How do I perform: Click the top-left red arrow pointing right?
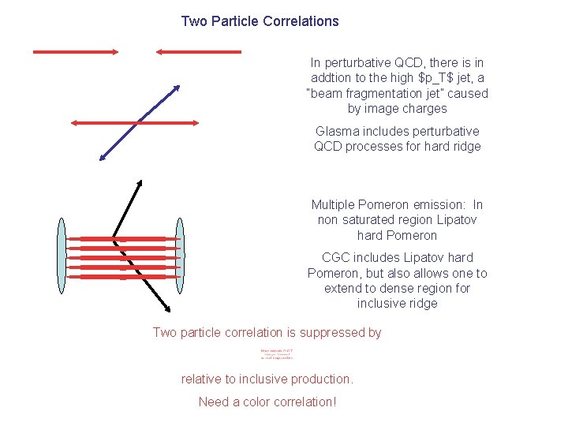(x=75, y=52)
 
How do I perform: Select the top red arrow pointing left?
(x=198, y=52)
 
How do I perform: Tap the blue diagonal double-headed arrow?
(x=138, y=122)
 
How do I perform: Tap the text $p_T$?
(x=424, y=77)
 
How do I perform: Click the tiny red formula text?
(x=276, y=355)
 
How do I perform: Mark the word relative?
(x=203, y=379)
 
